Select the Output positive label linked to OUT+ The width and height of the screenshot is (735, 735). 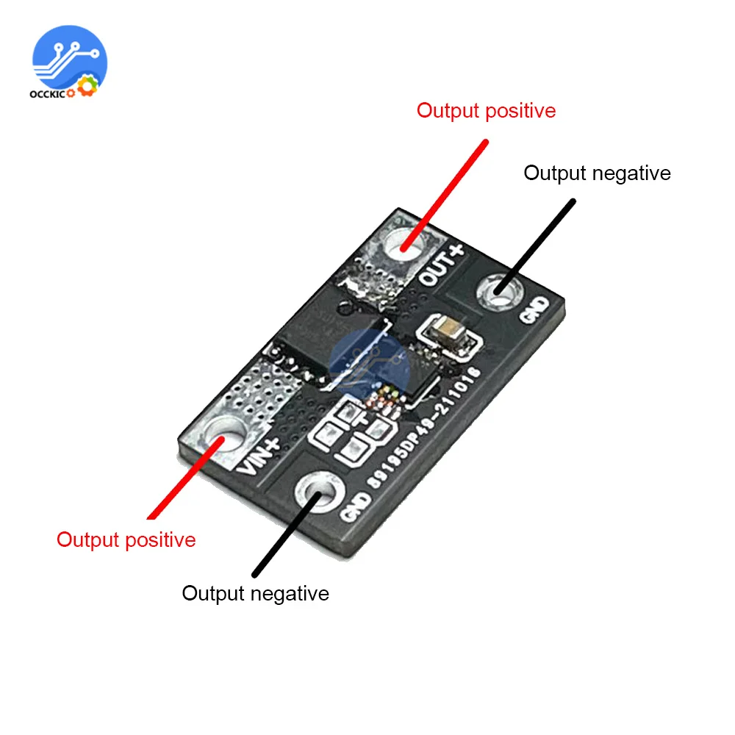[486, 111]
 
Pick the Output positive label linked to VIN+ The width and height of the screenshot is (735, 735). [126, 539]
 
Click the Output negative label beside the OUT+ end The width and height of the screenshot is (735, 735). [597, 173]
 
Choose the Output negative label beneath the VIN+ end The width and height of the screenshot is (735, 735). [255, 593]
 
